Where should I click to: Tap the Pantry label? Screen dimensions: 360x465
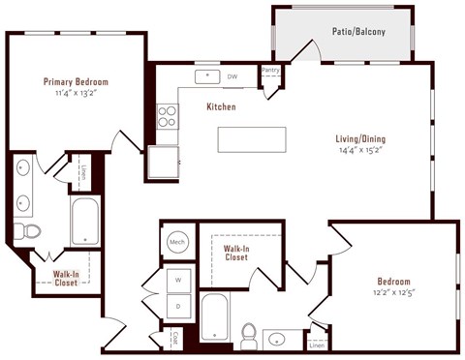pos(271,70)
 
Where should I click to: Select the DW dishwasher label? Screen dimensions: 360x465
pos(232,75)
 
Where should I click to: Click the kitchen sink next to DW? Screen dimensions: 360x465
pos(206,75)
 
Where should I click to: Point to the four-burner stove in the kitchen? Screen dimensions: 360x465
pos(167,116)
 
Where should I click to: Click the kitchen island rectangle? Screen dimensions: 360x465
pos(253,139)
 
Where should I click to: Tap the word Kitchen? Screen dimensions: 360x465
pos(220,106)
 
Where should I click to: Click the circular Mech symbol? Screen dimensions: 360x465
pos(177,242)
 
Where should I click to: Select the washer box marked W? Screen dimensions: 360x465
pos(177,281)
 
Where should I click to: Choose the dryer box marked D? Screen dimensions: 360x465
pos(177,307)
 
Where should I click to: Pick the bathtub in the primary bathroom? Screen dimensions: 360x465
pos(85,222)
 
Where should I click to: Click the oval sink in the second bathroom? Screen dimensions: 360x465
pos(278,339)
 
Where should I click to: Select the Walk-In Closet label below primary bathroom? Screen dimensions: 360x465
pos(66,279)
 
